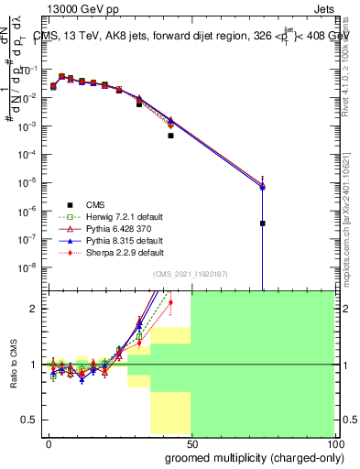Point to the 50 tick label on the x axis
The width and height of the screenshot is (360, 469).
pos(191,442)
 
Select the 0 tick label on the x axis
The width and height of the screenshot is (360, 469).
pos(49,442)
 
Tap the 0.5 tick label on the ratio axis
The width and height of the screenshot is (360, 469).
pos(30,420)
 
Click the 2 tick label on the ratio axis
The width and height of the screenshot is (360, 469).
pos(35,309)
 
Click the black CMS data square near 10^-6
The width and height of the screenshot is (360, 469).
pos(263,223)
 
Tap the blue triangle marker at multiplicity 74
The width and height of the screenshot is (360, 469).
pos(263,187)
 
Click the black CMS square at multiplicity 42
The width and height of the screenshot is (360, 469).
pos(170,136)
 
